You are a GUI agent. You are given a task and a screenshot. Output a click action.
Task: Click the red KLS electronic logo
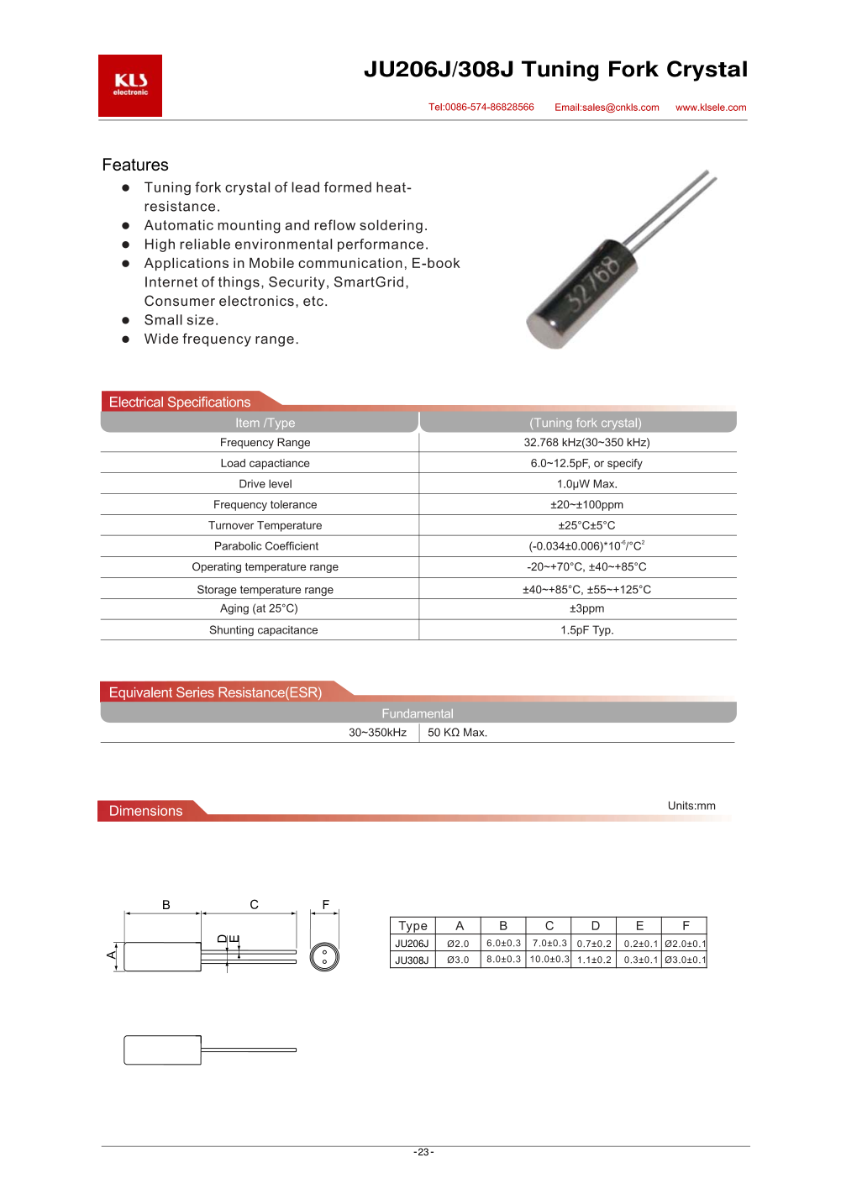130,86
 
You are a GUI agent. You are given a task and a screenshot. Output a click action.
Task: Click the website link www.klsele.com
711,108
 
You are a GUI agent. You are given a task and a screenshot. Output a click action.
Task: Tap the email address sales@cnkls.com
607,108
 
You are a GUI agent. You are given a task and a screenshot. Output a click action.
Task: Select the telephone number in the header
481,108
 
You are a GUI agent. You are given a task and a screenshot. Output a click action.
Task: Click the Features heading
135,165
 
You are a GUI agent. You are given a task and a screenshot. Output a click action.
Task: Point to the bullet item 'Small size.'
181,320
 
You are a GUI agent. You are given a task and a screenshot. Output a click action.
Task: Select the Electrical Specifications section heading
180,402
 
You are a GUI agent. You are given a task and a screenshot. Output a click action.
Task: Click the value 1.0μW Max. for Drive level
586,484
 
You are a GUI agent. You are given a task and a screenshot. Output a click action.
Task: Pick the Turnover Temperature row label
265,525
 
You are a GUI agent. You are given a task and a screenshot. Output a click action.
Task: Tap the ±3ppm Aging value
586,608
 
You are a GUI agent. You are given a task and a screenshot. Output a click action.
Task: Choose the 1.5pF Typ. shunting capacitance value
586,630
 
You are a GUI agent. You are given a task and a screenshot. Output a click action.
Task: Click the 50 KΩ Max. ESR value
457,733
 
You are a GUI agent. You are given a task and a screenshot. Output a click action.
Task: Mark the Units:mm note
691,806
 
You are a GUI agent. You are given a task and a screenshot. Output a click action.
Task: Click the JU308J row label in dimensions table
412,960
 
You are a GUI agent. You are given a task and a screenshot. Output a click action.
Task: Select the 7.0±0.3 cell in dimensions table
549,944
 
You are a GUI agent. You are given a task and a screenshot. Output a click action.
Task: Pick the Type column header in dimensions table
413,926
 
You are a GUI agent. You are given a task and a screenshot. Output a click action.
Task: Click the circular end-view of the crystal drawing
324,956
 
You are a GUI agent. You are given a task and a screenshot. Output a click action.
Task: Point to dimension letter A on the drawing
112,955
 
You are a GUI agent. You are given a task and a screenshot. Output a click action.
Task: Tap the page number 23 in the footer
423,1152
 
